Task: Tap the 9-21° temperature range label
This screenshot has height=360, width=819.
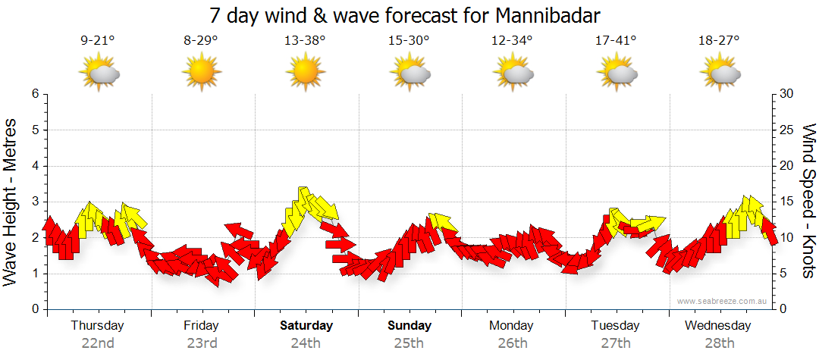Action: pos(97,41)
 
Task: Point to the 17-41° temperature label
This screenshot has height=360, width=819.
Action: pos(616,41)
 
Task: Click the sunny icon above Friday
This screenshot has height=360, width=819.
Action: pos(201,74)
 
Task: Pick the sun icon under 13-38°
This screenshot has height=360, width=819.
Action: pos(305,74)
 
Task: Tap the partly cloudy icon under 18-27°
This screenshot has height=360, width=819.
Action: pos(720,74)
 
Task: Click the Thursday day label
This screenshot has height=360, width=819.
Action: pos(97,326)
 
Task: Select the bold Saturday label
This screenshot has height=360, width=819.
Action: pos(306,326)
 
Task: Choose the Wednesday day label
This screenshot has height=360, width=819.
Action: pos(717,326)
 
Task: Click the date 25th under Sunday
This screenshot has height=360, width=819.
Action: pos(409,343)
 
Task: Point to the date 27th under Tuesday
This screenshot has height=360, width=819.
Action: pos(616,343)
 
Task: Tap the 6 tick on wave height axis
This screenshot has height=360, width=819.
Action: pos(35,94)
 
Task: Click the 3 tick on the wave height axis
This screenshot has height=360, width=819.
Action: pos(35,202)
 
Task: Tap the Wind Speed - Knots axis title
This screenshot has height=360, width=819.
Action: pos(808,202)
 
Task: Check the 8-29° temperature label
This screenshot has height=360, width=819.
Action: pos(201,41)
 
